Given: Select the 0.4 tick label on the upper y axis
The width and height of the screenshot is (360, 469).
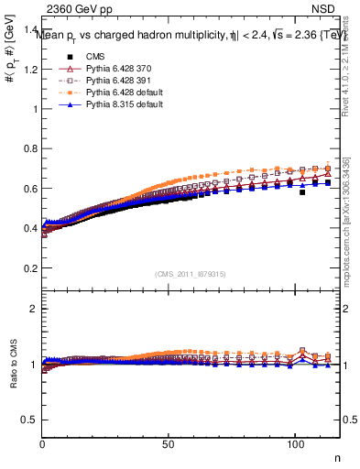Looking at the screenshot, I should (31, 228).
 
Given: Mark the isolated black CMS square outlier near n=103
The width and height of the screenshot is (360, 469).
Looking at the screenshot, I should (302, 192).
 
